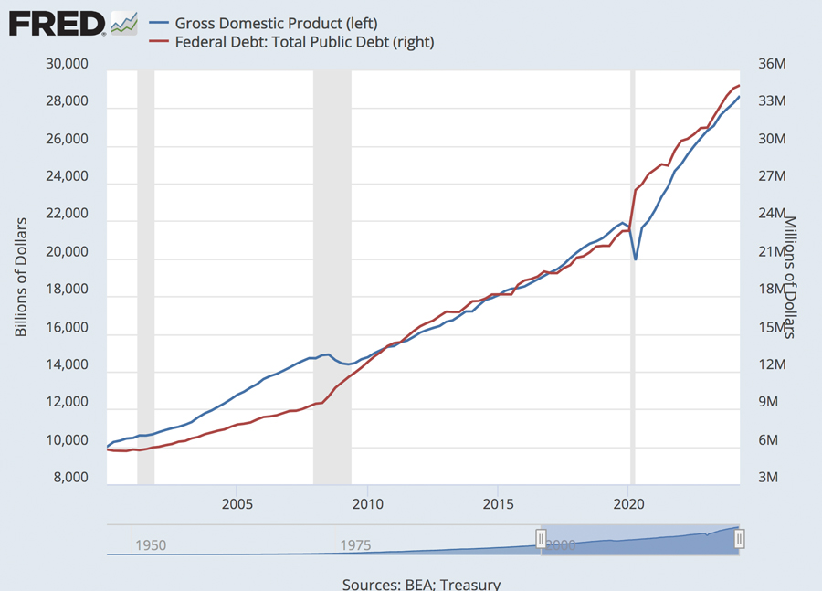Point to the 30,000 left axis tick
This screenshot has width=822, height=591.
click(65, 64)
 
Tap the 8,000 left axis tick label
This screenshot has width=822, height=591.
click(68, 478)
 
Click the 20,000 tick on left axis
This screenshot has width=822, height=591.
click(65, 252)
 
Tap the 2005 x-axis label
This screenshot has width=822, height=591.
click(237, 503)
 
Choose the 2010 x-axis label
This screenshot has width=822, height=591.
click(367, 503)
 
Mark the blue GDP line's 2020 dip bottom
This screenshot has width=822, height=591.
click(636, 259)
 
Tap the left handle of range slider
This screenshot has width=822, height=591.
click(541, 539)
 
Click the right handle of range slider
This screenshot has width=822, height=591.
click(740, 539)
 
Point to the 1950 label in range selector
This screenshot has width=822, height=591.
click(151, 545)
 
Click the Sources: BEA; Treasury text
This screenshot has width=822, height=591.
click(421, 584)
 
